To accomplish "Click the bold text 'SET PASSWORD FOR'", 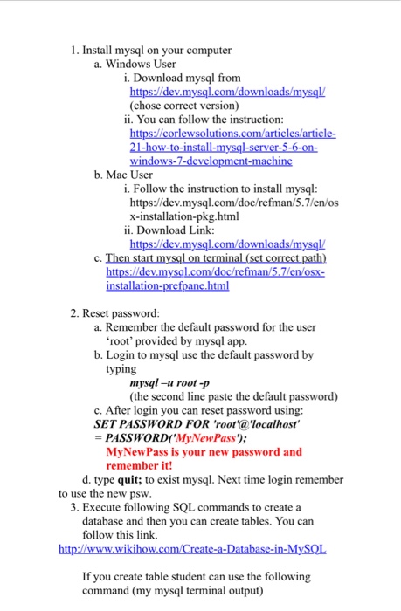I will [x=140, y=424].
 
